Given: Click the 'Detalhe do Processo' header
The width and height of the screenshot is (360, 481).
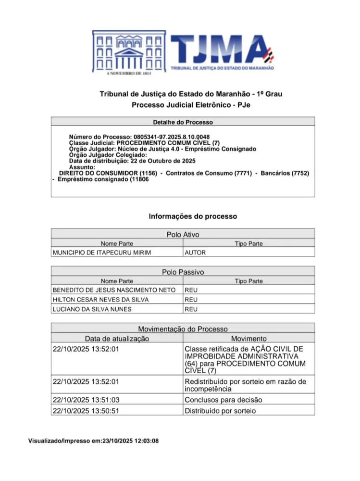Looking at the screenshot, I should pos(183,122).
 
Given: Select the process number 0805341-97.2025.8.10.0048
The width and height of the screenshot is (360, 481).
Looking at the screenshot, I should pos(179,137).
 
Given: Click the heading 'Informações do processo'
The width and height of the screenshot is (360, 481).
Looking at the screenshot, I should pos(193,216).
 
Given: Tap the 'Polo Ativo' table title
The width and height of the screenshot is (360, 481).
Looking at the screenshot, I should pos(183,235).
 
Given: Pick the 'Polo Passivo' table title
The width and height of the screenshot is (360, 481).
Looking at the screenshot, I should pos(183,272).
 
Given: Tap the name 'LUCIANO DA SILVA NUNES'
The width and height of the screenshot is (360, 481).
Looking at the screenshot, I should pos(92,309).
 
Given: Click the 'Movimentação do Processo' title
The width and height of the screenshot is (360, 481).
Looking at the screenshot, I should pos(183,329).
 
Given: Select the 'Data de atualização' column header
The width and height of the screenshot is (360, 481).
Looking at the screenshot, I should pos(117,339).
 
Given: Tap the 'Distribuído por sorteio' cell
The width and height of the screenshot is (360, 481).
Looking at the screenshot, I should pos(220,411).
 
